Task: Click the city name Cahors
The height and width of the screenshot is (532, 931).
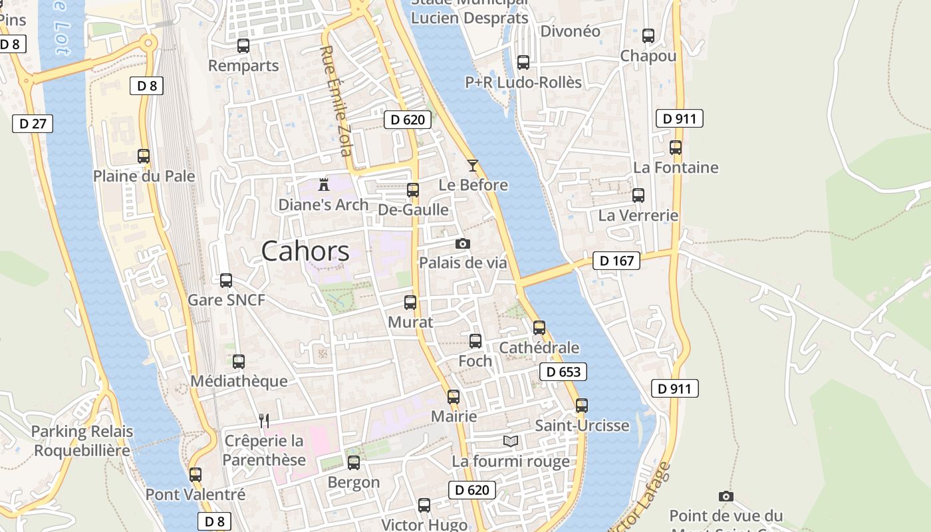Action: (305, 251)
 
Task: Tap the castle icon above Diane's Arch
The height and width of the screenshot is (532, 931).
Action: (324, 184)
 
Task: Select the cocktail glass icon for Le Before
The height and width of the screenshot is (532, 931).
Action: (473, 165)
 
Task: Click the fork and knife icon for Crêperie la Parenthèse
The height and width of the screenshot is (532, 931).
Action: (264, 420)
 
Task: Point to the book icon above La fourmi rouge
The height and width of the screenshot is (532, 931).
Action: (511, 441)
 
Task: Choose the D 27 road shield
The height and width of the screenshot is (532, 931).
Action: (32, 123)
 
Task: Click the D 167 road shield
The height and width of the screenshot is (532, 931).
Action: (616, 261)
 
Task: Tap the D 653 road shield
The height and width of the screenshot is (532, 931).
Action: (563, 372)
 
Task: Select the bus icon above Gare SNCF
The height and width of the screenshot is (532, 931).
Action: (226, 281)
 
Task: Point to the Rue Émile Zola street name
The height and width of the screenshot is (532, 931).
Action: (335, 100)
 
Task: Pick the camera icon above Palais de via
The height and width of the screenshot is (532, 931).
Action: (463, 243)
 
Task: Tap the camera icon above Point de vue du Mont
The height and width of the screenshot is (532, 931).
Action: (726, 496)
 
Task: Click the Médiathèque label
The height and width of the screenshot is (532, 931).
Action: (239, 381)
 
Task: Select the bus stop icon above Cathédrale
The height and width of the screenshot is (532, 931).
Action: (539, 327)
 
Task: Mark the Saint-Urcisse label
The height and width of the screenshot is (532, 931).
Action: (582, 426)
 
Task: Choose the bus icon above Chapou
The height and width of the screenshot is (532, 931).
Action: (648, 36)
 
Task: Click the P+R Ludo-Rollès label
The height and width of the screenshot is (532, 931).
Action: (523, 82)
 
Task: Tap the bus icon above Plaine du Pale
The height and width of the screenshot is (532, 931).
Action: (144, 156)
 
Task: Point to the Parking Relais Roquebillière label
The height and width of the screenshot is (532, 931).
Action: (82, 441)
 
